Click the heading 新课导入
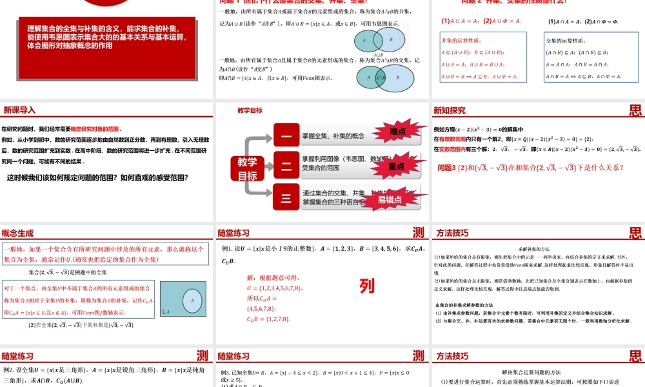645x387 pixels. click(19, 110)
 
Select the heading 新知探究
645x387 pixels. click(449, 110)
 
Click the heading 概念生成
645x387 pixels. click(19, 233)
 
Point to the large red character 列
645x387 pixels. click(366, 285)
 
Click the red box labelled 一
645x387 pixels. click(286, 135)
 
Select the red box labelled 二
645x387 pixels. click(286, 165)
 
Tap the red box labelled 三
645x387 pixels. click(286, 196)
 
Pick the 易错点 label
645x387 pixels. click(390, 199)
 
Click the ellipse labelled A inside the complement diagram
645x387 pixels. click(191, 300)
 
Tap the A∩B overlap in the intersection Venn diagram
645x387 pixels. click(378, 77)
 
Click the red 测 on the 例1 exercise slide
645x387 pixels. click(418, 233)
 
